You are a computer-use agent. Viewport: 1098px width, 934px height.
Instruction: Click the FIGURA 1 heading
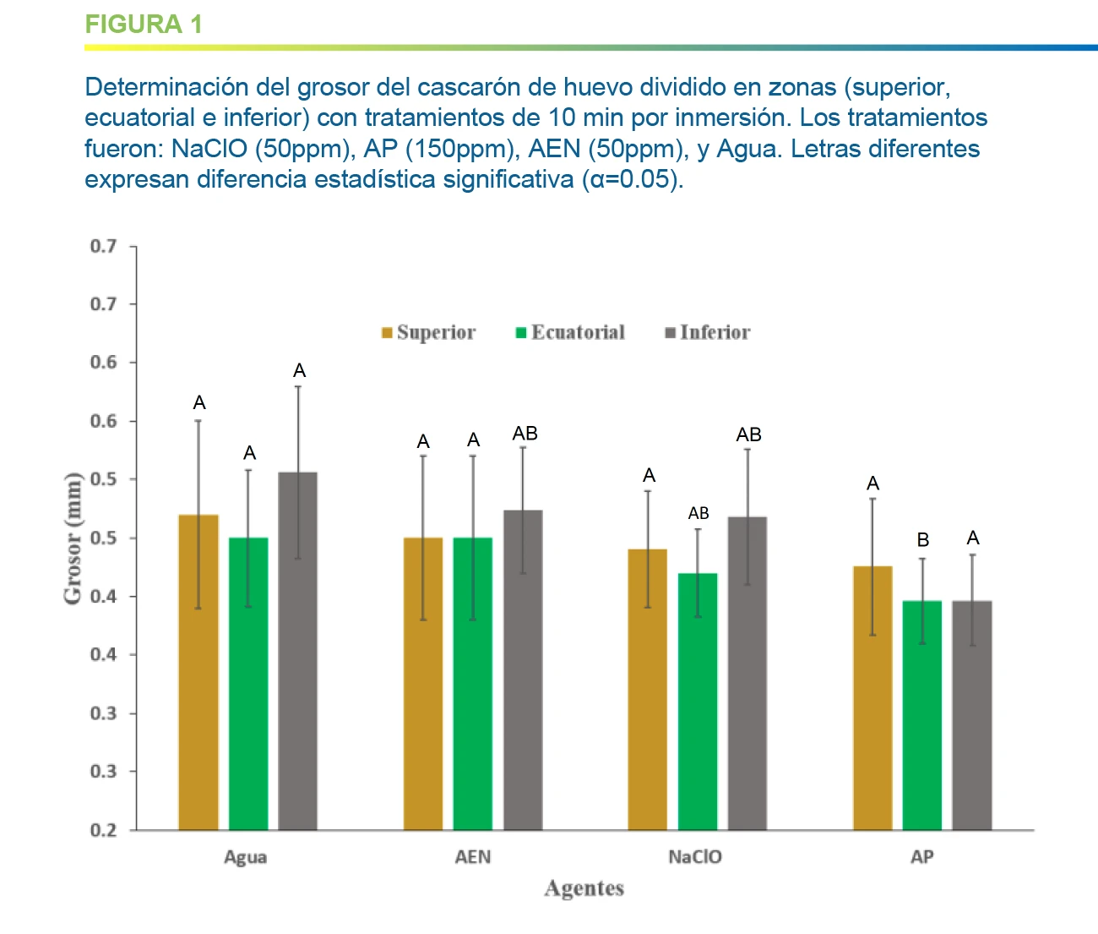pos(144,24)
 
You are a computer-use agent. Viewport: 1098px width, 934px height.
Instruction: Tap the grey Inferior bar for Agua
pos(298,651)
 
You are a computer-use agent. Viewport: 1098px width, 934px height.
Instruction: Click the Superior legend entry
pos(429,332)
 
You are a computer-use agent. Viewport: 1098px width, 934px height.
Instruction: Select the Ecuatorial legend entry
pos(571,332)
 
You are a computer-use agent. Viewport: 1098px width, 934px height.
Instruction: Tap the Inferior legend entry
pos(708,332)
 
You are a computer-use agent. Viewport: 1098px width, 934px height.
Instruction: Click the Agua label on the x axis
pos(245,857)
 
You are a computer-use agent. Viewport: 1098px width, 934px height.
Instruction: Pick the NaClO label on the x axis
pos(695,857)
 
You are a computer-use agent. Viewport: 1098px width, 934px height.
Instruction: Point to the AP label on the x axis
pos(921,857)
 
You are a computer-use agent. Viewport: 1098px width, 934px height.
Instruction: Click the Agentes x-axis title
pos(584,888)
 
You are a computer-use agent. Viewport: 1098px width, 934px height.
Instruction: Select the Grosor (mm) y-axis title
pos(73,538)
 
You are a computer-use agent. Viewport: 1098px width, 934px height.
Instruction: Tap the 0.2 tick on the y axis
pos(103,830)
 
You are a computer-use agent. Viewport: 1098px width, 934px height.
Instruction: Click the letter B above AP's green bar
pos(923,540)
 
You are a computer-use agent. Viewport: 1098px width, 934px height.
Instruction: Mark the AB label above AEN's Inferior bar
pos(525,434)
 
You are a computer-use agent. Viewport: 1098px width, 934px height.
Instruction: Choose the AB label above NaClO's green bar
pos(698,513)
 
